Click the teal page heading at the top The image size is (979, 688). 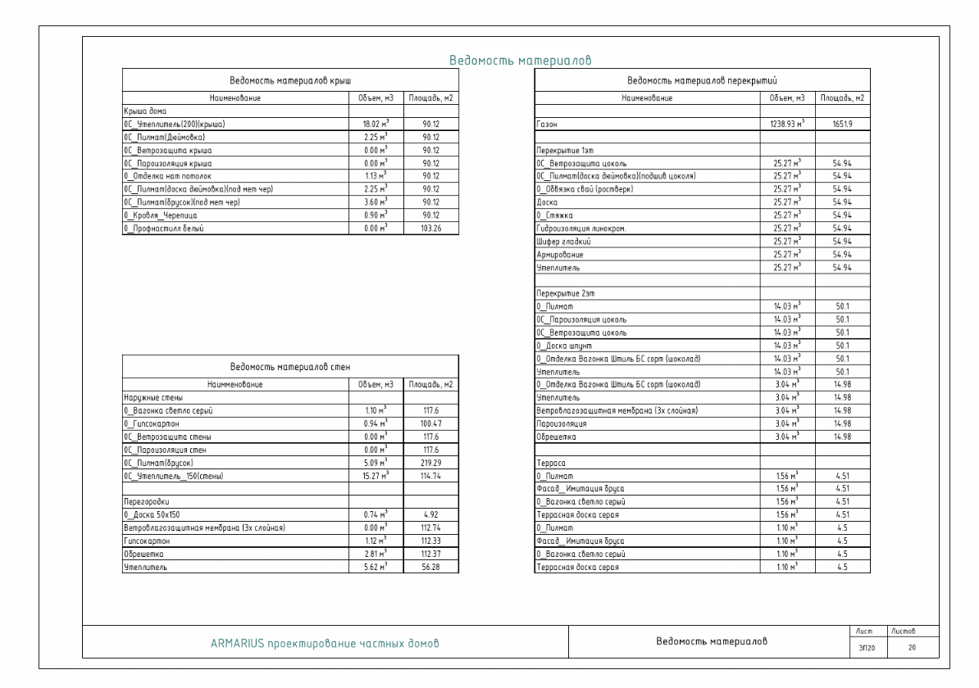521,61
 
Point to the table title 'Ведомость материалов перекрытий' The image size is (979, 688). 701,80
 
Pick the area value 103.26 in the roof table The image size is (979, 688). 430,228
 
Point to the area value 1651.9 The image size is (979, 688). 841,124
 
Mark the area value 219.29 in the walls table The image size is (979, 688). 430,462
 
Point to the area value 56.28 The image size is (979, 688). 430,566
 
